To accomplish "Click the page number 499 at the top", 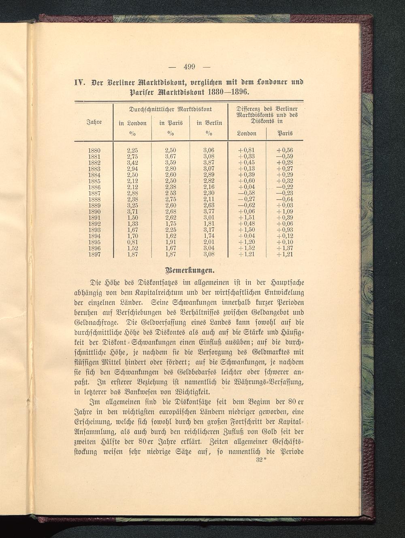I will click(190, 66).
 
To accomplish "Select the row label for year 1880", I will click(94, 150).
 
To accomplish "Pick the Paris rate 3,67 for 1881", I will click(171, 156).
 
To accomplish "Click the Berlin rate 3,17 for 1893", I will click(208, 230).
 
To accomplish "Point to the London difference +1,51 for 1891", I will click(247, 218).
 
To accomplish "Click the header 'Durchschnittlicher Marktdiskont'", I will click(169, 109).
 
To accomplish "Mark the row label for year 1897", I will click(94, 254).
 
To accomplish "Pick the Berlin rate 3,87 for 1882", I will click(208, 162).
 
